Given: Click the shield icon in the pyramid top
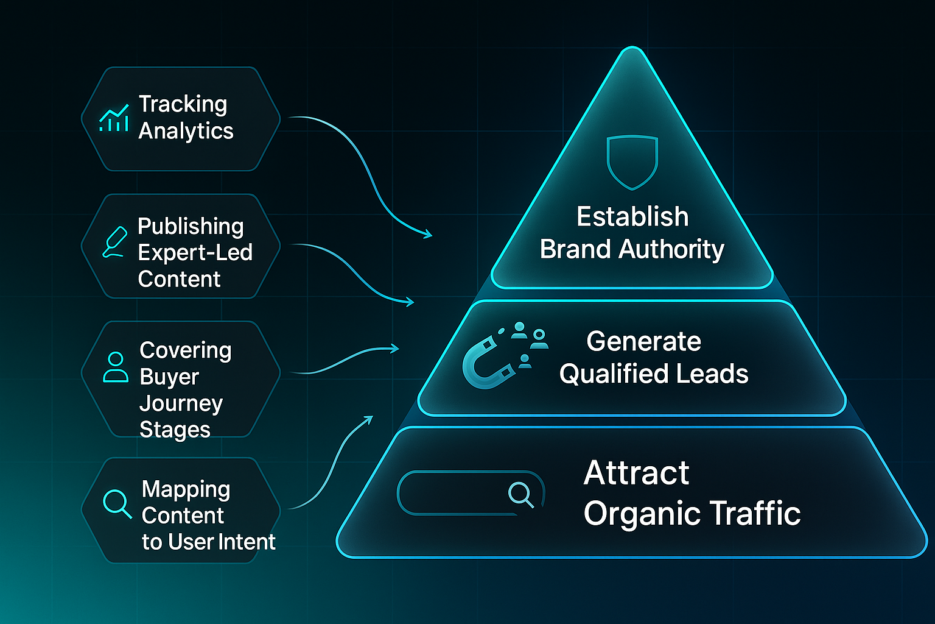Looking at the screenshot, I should click(632, 161).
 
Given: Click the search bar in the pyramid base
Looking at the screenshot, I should click(470, 493).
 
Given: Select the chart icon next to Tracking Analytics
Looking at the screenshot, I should click(114, 118).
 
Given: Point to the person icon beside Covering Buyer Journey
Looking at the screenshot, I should click(116, 367).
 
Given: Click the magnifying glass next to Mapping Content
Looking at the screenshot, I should click(117, 503).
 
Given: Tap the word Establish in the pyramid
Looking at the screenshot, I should click(632, 217).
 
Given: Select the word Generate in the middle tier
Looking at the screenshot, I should click(643, 341).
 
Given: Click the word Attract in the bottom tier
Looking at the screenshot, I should click(636, 473).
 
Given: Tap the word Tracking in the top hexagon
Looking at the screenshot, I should click(183, 104).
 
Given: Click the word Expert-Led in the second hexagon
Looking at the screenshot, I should click(195, 252).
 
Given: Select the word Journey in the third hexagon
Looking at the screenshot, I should click(181, 403).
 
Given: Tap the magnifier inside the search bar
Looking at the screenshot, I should click(521, 494).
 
